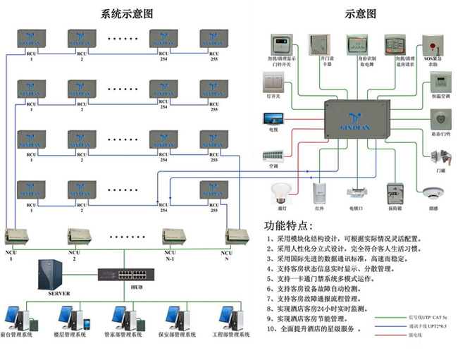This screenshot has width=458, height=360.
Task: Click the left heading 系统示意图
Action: [127, 13]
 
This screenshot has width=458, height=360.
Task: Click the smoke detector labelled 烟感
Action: [431, 194]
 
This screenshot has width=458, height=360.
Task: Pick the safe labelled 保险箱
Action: [395, 194]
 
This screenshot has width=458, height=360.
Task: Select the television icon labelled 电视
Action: [273, 118]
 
